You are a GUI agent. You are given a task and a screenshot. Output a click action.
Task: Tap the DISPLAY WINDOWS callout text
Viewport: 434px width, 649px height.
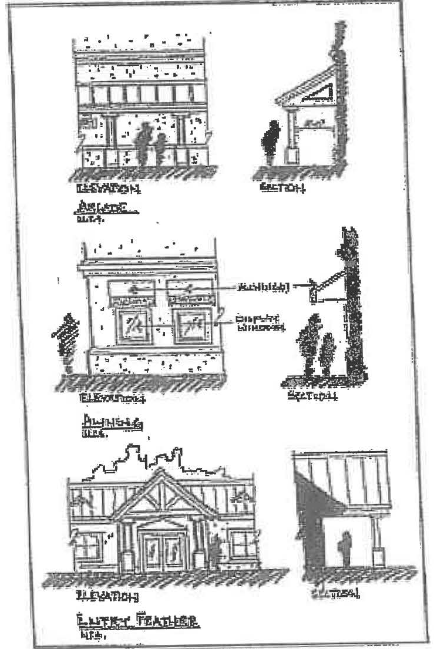[258, 322]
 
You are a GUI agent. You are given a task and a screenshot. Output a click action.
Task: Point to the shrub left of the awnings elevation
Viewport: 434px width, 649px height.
[66, 344]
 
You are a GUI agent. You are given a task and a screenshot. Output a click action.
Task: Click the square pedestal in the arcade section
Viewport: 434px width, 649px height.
[292, 155]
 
